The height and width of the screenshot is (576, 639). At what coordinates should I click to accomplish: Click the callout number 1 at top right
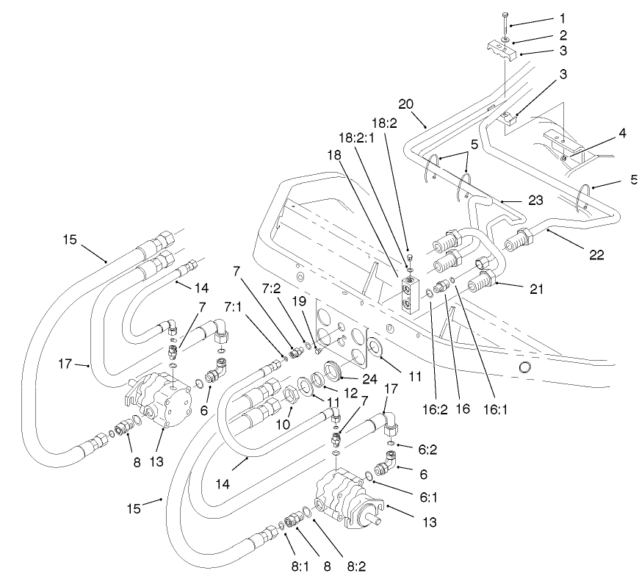click(562, 18)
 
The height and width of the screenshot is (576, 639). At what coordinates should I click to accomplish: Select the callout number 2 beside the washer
click(562, 35)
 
